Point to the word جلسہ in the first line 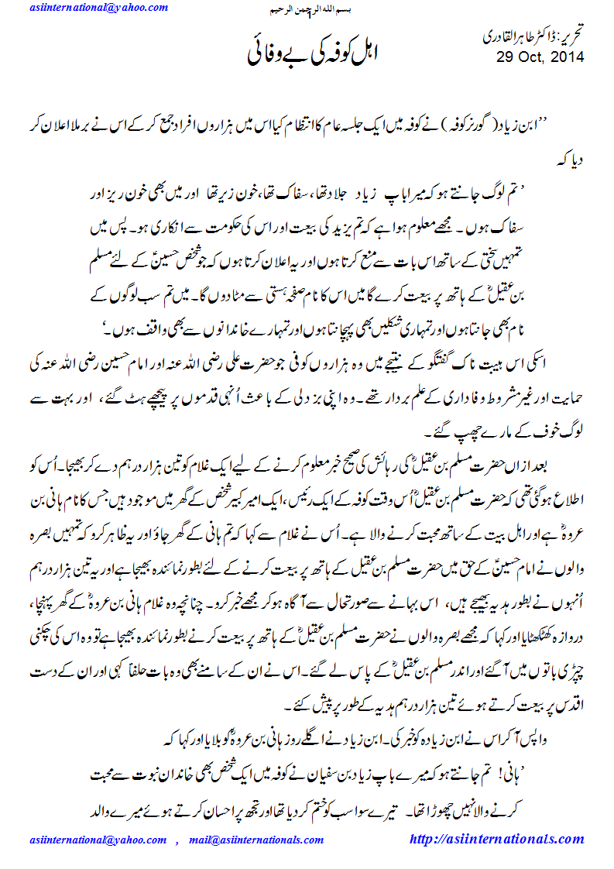pyautogui.click(x=387, y=128)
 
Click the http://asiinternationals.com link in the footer pyautogui.click(x=496, y=840)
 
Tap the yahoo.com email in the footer pyautogui.click(x=97, y=840)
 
